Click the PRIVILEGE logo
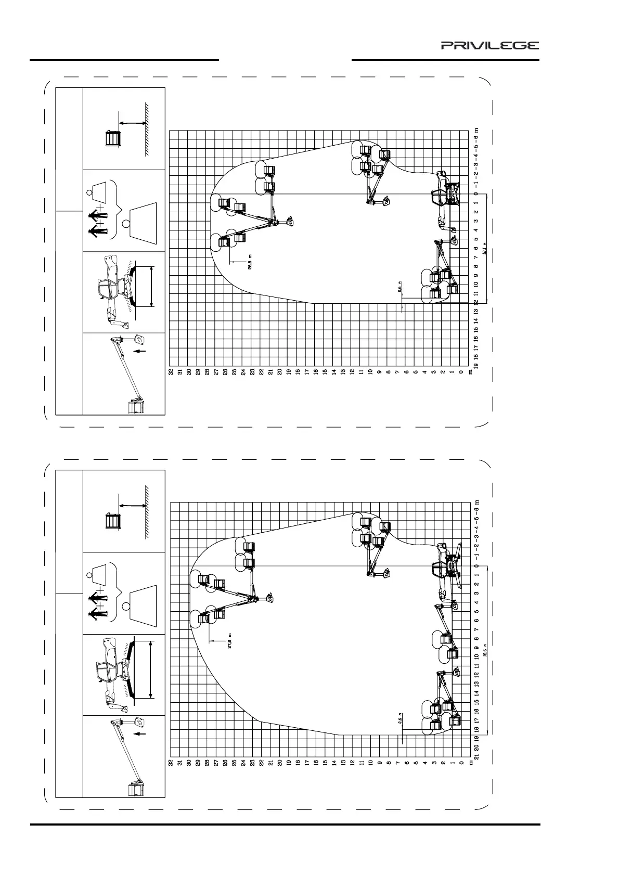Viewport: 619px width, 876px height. (490, 45)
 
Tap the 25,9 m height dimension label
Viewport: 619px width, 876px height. (250, 261)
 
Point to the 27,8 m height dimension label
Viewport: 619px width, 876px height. (229, 640)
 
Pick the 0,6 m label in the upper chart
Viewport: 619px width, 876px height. (399, 289)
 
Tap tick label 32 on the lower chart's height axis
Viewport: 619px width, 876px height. (170, 763)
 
